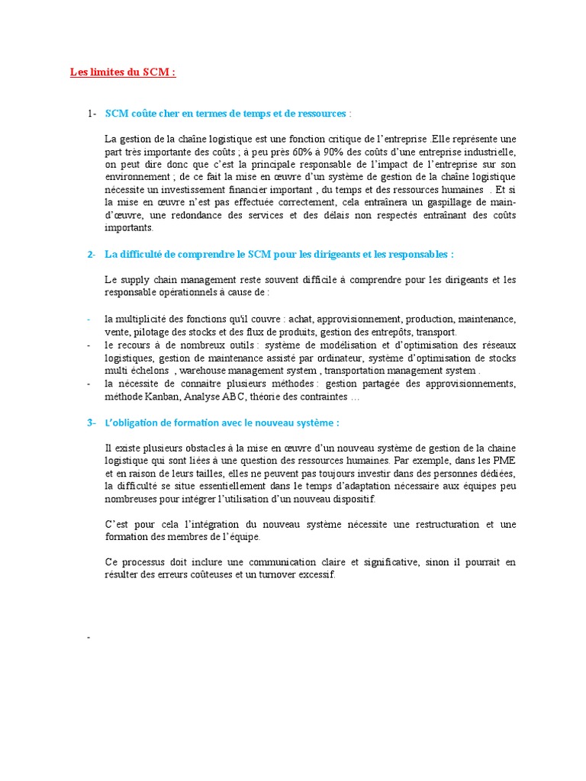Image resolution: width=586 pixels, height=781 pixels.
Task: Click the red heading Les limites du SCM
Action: pos(122,72)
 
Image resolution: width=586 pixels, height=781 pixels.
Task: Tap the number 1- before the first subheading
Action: pos(92,114)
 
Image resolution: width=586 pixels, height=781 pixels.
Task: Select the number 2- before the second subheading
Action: pos(92,254)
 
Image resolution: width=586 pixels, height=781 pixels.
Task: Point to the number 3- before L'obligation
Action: pos(92,423)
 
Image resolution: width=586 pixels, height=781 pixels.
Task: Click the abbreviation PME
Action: pos(502,461)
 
